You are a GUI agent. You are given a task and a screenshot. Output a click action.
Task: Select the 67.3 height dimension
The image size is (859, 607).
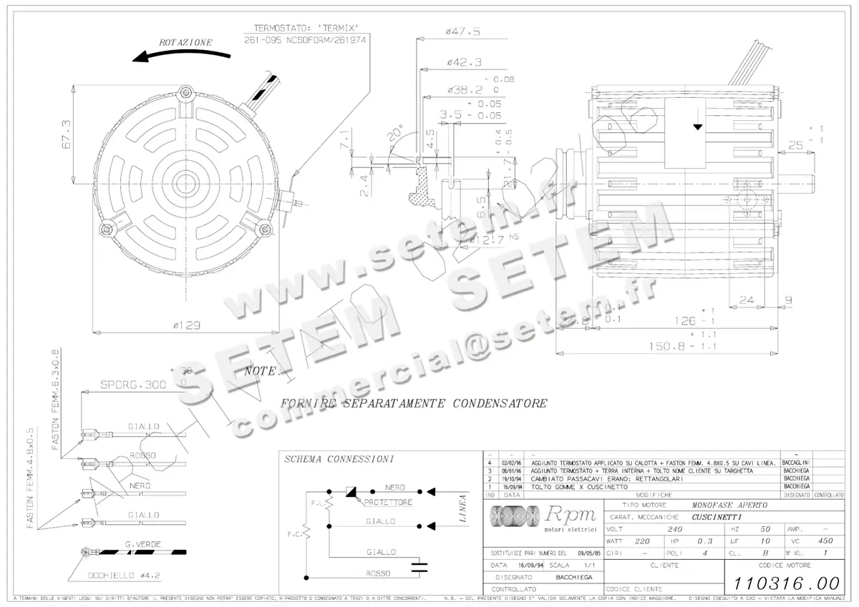click(65, 133)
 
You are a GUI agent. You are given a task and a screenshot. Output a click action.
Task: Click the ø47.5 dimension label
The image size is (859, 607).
click(462, 31)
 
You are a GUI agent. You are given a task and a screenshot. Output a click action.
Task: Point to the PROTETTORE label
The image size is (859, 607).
click(387, 503)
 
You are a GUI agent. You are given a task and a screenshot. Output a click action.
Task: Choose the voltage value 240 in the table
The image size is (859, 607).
click(674, 529)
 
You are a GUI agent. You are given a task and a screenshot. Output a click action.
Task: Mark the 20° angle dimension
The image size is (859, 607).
click(395, 134)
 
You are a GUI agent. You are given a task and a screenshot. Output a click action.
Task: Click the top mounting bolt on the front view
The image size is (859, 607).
click(188, 91)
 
